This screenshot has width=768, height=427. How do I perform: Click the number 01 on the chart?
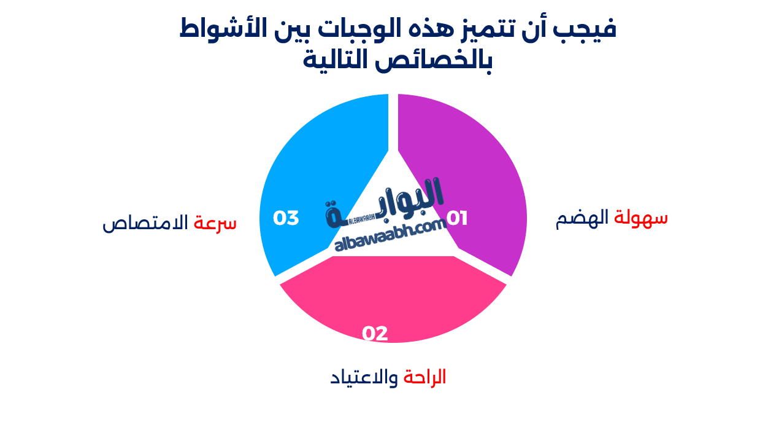point(456,218)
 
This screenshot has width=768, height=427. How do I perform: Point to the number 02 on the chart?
point(375,333)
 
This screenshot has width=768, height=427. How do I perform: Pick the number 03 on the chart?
point(286,218)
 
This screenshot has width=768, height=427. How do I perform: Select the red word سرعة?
point(215,222)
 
